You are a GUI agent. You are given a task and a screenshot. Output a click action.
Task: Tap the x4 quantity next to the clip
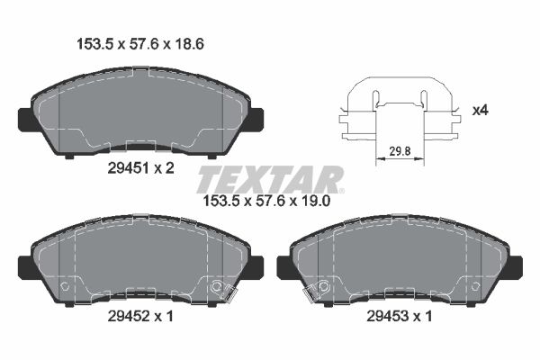(480, 112)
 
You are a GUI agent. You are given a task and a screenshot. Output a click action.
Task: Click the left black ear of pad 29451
(26, 118)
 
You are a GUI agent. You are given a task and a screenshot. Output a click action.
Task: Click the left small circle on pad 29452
(64, 286)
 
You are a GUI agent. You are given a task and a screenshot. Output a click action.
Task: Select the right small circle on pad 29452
(216, 286)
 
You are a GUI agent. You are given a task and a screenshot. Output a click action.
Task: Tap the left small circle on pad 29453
(322, 286)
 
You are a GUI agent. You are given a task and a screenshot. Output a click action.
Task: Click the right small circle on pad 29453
(474, 286)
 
